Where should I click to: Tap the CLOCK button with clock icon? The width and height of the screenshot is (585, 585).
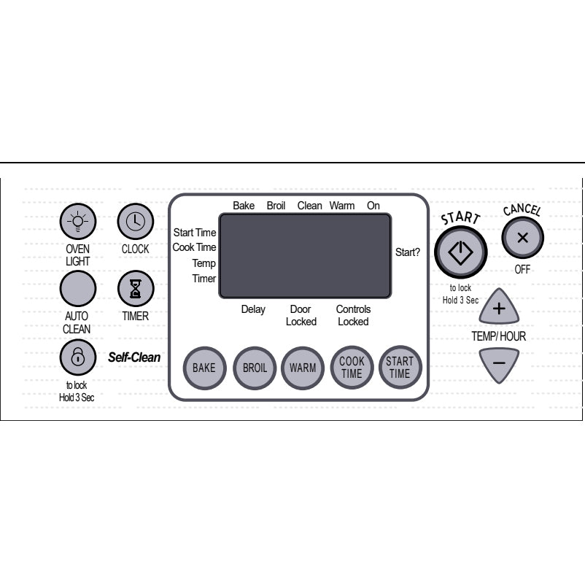(136, 221)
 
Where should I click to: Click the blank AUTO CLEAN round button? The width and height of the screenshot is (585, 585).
(78, 288)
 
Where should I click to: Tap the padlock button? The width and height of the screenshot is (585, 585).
(78, 357)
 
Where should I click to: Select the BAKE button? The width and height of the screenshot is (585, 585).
(204, 368)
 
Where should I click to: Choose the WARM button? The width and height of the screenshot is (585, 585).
(303, 368)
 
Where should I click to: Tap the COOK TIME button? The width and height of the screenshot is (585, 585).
(352, 368)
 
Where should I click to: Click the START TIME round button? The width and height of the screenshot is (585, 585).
(400, 367)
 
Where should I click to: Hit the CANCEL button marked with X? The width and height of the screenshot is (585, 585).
(523, 238)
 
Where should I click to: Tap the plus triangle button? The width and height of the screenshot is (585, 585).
(499, 306)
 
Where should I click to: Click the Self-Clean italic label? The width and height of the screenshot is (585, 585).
(134, 357)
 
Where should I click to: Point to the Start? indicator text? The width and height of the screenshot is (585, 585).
(408, 252)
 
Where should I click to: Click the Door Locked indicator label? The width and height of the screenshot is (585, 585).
(301, 315)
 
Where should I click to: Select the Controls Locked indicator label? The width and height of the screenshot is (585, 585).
(353, 315)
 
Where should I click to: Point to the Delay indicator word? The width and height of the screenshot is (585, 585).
(253, 309)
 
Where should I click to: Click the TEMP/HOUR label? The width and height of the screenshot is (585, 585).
(499, 336)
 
